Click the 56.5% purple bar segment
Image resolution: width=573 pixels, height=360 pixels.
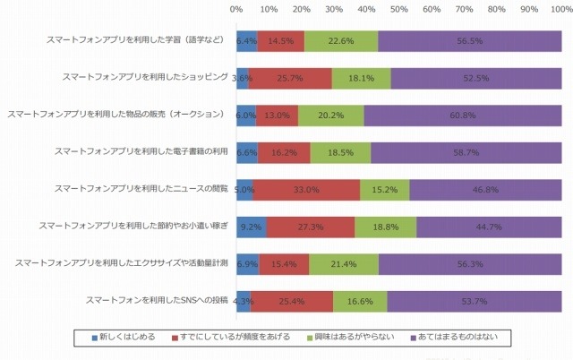[x=470, y=41]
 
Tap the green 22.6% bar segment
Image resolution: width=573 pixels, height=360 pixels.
[x=341, y=41]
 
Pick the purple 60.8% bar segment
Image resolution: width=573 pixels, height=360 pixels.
[x=463, y=116]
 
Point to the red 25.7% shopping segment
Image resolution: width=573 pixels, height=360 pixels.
[x=290, y=78]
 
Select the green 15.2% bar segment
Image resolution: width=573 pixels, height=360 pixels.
[x=385, y=190]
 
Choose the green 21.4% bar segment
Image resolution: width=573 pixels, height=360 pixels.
[x=344, y=264]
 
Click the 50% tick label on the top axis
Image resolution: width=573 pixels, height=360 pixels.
[x=399, y=9]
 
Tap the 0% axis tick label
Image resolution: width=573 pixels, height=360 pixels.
[x=236, y=9]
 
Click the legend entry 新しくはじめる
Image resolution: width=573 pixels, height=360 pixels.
[x=124, y=338]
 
